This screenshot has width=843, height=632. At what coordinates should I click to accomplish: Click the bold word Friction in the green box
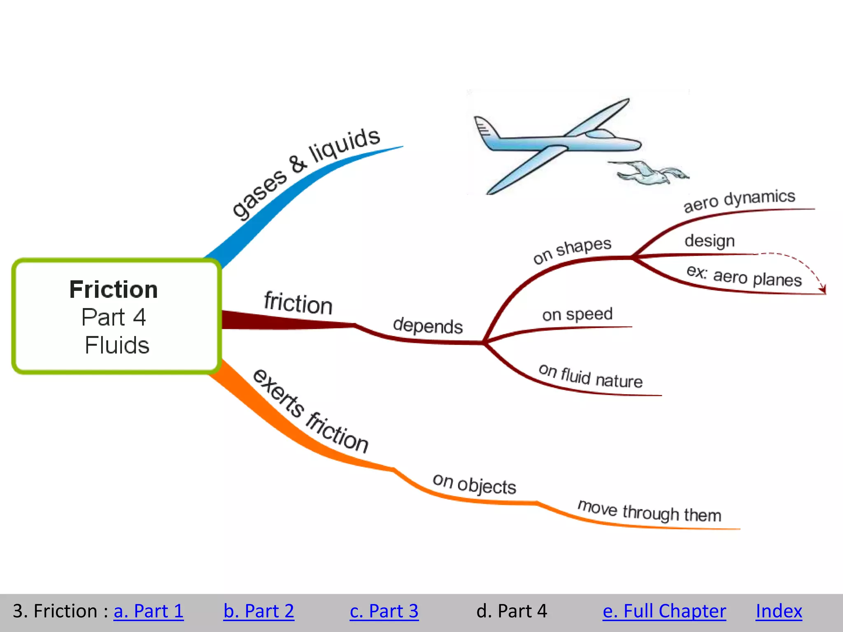114,289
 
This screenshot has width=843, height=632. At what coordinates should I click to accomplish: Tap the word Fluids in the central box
117,345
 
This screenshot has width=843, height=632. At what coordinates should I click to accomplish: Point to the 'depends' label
428,325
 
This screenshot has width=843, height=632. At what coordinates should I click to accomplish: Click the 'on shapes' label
572,250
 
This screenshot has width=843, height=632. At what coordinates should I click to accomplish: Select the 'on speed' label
577,314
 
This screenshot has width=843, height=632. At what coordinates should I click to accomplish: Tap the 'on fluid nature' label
590,376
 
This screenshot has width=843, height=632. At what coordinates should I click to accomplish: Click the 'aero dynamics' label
739,200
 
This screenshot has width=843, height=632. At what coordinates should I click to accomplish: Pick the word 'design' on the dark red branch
710,241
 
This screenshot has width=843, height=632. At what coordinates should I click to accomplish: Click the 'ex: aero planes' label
744,276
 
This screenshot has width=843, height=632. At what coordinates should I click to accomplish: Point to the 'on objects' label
474,484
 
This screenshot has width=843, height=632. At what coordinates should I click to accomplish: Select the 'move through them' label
649,511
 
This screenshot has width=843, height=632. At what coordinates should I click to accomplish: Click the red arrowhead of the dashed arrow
822,290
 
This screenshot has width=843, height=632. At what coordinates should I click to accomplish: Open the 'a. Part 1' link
148,611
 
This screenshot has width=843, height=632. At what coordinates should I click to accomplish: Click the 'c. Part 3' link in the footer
384,611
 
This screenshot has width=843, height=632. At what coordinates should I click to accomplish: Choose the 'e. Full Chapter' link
664,611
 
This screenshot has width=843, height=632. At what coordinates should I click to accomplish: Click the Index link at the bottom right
779,611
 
